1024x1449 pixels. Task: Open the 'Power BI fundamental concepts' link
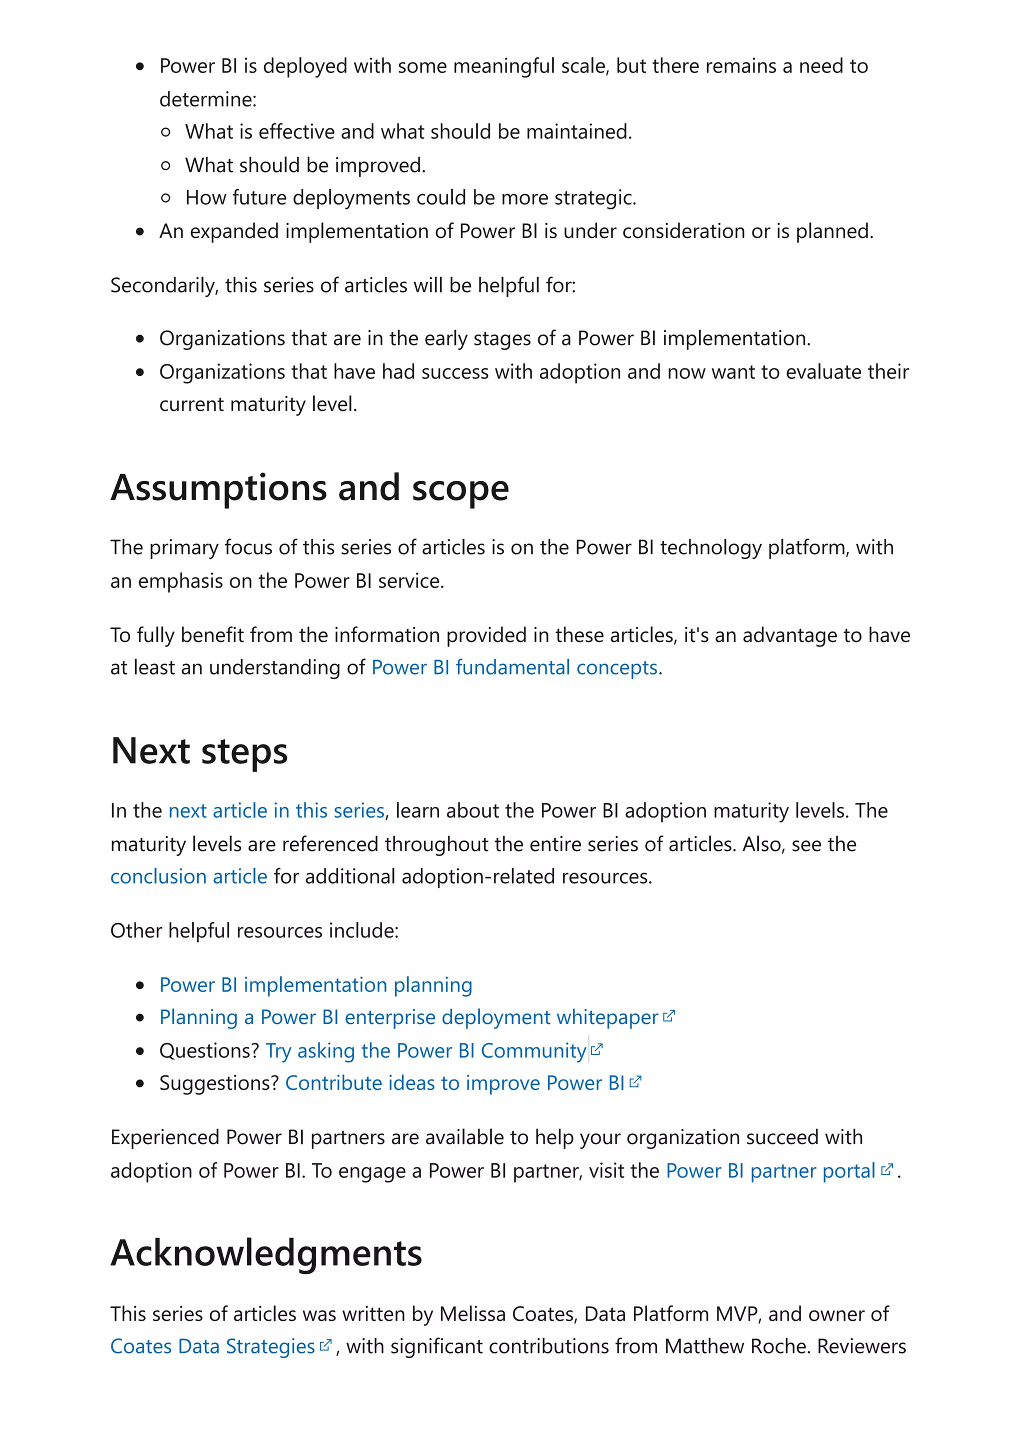point(513,667)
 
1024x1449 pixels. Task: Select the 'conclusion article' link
point(188,876)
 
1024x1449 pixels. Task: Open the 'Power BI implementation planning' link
point(315,985)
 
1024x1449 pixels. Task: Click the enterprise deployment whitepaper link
point(408,1017)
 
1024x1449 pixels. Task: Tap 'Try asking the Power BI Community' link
point(426,1051)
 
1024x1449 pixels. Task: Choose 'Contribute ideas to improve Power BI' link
point(454,1083)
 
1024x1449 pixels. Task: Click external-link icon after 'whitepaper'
point(669,1016)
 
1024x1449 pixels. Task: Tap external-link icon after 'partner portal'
point(886,1169)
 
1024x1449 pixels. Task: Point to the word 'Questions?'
point(209,1051)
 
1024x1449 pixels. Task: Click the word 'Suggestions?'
point(219,1083)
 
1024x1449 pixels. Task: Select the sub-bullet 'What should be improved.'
point(305,165)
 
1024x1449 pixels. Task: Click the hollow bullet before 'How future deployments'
point(166,198)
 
